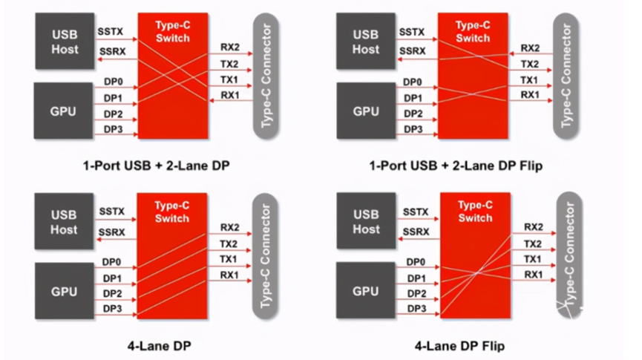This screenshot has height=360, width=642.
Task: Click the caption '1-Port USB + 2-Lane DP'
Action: click(x=156, y=166)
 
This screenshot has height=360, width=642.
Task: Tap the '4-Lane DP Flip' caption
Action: click(x=460, y=346)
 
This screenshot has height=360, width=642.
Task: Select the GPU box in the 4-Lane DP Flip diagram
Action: click(x=366, y=292)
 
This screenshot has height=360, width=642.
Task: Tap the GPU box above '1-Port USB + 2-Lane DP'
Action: click(x=64, y=111)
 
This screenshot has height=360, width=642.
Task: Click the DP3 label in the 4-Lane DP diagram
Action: click(x=113, y=308)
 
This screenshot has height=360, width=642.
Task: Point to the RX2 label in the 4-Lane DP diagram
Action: click(x=229, y=228)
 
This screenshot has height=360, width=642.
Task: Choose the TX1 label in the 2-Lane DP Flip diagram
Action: click(x=529, y=79)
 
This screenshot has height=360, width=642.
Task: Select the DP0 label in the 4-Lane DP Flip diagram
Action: click(x=415, y=261)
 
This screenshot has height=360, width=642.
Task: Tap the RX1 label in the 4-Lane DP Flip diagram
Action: click(x=532, y=275)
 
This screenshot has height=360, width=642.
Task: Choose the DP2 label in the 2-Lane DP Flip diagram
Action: click(x=413, y=114)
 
